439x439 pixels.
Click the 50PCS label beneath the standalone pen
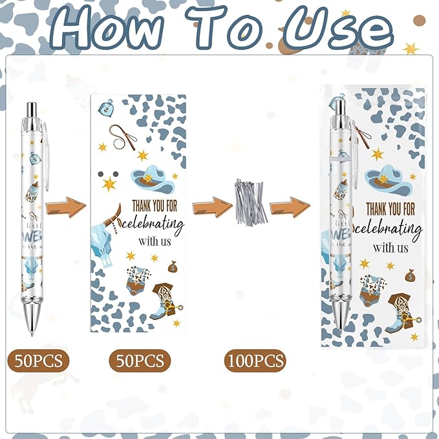click(36, 360)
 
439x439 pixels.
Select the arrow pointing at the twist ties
click(212, 207)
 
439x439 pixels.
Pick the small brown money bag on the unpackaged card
click(173, 265)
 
